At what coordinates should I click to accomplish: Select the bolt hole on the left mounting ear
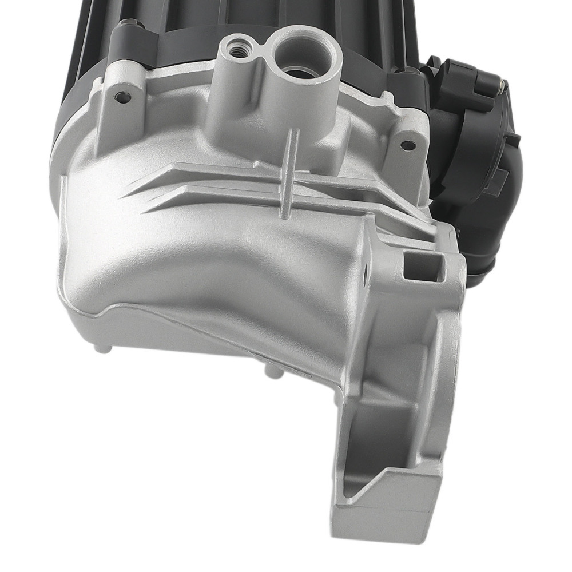[x=122, y=97]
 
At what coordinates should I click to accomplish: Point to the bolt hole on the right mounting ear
[x=408, y=145]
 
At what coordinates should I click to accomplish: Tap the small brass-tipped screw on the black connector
[x=502, y=86]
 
